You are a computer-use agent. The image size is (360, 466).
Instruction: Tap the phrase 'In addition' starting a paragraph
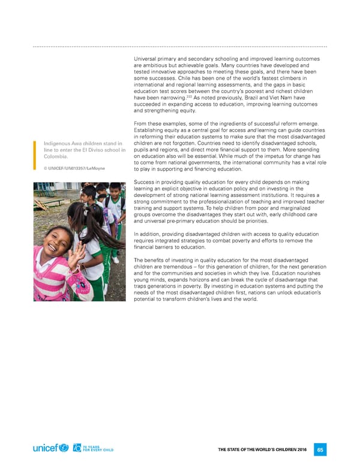click(148, 234)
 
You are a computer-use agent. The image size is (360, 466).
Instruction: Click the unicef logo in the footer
click(52, 449)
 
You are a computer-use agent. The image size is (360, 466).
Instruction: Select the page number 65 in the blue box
click(320, 449)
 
